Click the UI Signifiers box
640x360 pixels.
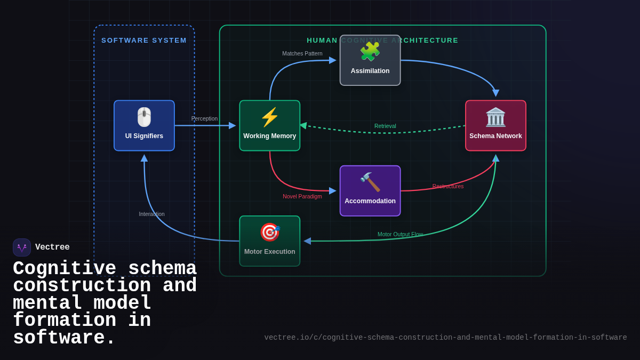click(144, 126)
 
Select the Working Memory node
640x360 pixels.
click(269, 126)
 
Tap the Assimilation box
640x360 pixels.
click(370, 60)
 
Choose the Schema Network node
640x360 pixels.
click(495, 126)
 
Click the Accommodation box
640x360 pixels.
click(370, 191)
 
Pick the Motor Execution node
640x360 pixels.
click(269, 241)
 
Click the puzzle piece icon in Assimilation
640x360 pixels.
click(370, 52)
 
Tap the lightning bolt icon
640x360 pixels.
click(269, 117)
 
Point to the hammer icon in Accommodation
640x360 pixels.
click(370, 182)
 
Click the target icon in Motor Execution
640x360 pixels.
click(269, 233)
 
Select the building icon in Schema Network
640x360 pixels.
click(495, 117)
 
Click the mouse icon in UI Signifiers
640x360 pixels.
click(144, 117)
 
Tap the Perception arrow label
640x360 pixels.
click(204, 118)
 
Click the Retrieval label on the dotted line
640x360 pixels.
click(385, 126)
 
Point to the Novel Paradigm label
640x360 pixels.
click(302, 196)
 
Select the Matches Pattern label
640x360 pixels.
click(302, 53)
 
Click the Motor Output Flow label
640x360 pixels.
click(400, 234)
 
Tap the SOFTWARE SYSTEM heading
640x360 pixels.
click(144, 41)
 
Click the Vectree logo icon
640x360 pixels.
click(22, 247)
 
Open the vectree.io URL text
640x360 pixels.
click(445, 338)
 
